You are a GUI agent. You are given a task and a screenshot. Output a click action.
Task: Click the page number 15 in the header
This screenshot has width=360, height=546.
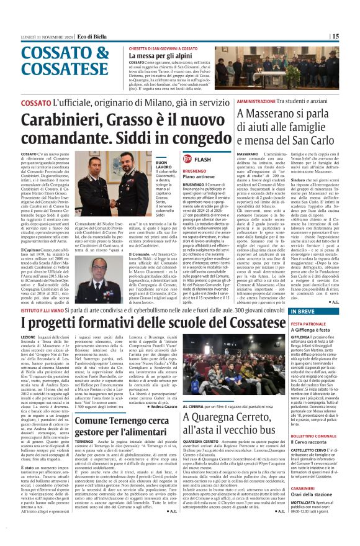point(352,37)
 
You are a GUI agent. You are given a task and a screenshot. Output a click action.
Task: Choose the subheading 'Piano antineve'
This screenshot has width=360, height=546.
point(201,177)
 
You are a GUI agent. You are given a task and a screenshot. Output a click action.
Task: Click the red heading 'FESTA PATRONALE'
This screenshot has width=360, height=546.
point(309,324)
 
